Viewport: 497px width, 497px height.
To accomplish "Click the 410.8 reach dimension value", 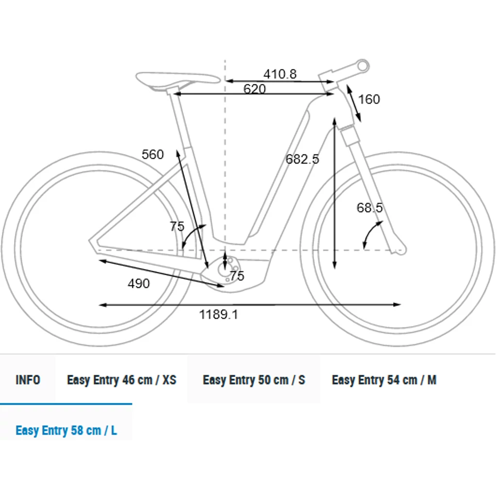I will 280,74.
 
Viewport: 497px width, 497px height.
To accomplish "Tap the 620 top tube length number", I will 254,89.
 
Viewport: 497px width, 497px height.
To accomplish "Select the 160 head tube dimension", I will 369,99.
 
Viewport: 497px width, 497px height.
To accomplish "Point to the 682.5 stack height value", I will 302,159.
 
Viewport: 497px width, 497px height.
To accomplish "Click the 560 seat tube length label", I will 153,154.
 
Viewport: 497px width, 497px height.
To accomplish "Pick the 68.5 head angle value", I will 370,208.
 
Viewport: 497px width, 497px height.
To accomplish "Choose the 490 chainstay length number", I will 139,283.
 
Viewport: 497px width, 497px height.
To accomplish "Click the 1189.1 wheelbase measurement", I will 219,315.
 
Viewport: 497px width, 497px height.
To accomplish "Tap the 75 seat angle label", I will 177,227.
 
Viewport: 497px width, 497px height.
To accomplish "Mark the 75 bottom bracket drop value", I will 237,276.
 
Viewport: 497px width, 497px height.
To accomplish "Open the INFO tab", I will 28,380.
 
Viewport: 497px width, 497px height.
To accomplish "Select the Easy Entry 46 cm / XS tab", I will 121,380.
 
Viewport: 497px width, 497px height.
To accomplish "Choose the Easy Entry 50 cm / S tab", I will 254,380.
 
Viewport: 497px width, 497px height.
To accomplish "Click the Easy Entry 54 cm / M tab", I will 384,380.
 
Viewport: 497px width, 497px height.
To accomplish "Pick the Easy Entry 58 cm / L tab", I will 66,430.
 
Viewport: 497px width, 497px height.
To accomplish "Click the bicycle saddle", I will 177,79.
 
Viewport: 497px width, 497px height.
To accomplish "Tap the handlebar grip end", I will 363,65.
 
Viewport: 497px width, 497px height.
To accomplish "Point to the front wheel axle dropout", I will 399,250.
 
